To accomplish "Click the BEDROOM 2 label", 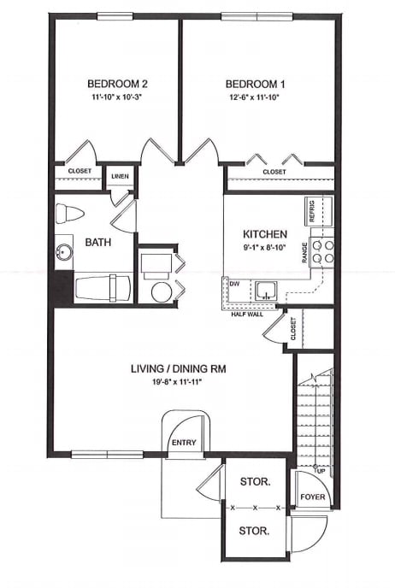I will [x=119, y=84].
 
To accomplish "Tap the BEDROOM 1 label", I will [x=254, y=84].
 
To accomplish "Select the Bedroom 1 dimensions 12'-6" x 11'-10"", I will [x=254, y=97].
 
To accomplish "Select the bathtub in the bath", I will [x=102, y=286].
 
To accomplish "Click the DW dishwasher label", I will [x=234, y=283].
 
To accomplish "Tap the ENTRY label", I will [x=184, y=443].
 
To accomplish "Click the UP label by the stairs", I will [x=320, y=471].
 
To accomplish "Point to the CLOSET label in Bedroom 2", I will [x=79, y=171].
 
